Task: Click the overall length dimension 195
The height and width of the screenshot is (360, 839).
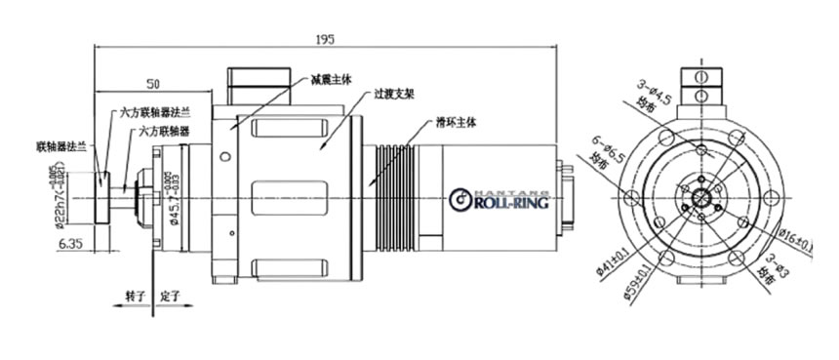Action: tap(326, 40)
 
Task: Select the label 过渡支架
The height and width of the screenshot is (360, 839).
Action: tap(394, 97)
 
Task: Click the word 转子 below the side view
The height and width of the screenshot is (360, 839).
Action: tap(134, 294)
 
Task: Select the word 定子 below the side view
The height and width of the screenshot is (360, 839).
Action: tap(171, 294)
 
